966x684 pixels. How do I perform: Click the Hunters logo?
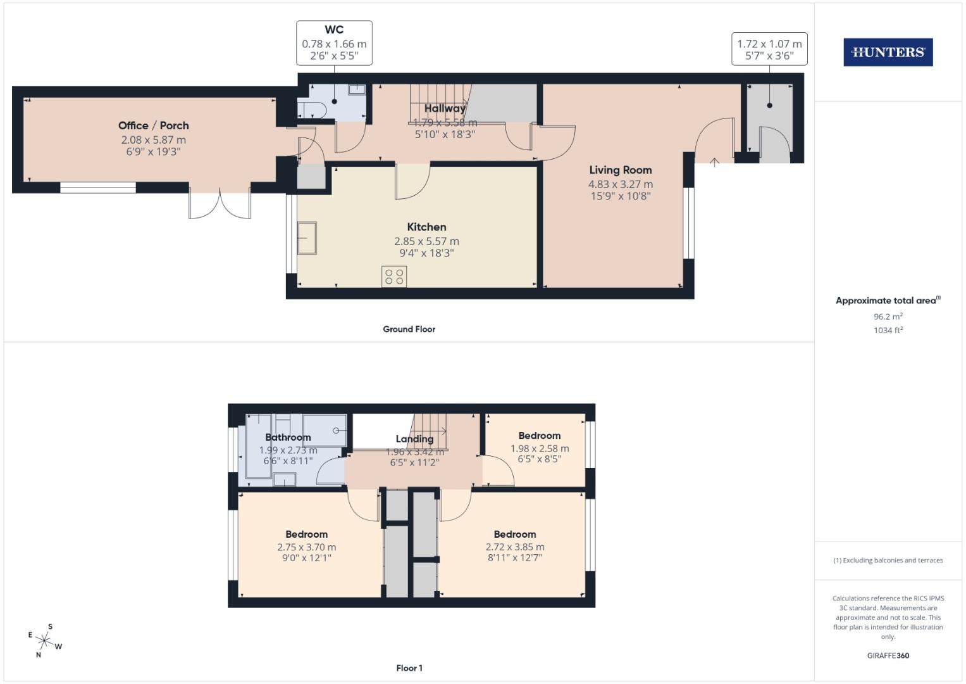tap(888, 53)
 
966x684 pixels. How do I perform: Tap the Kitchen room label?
tap(426, 227)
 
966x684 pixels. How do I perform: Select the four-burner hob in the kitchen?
tap(394, 276)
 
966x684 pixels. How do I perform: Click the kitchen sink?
tap(307, 238)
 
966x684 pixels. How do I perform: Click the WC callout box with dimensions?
tap(334, 43)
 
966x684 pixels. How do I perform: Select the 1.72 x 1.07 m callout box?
tap(769, 49)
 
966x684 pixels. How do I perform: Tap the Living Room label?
tap(620, 170)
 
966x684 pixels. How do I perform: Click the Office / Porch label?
tap(153, 125)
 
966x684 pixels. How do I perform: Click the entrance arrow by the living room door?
tap(714, 163)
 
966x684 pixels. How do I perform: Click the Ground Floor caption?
tap(409, 329)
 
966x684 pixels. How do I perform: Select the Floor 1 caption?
tap(409, 668)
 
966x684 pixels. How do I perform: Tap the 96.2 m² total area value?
tap(888, 317)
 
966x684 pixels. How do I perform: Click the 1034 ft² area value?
tap(888, 330)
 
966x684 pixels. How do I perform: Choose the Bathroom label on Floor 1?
tap(288, 437)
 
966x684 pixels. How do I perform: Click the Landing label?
tap(414, 439)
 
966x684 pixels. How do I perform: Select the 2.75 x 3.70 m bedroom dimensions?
tap(306, 547)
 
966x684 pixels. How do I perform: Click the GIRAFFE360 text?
tap(888, 655)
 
